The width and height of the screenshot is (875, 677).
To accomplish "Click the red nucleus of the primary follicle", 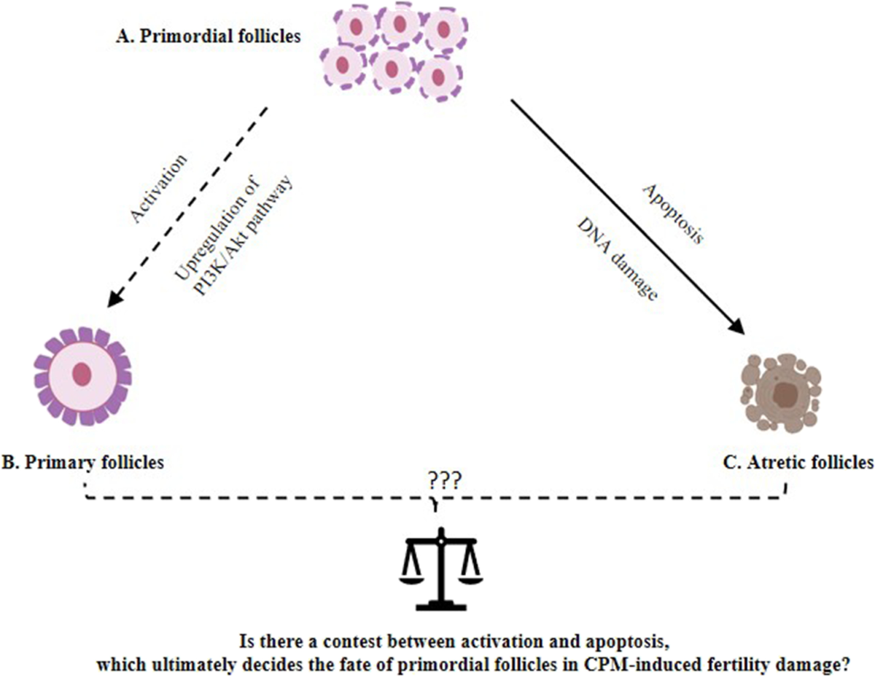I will point(82,375).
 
